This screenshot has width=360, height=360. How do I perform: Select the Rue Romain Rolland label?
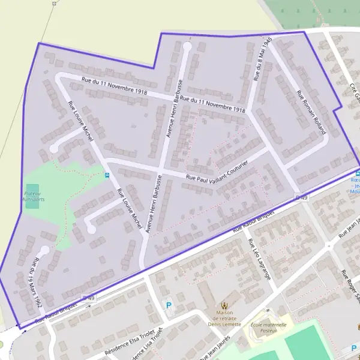coord(311,112)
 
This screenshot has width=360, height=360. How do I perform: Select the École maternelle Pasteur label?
coord(268,328)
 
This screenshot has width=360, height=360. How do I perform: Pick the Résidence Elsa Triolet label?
coord(130,341)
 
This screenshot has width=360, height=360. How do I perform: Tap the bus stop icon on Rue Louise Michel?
coord(107,175)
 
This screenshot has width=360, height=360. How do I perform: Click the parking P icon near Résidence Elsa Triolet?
coord(168,305)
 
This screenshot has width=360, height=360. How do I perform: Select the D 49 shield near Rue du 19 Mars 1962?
coord(88,298)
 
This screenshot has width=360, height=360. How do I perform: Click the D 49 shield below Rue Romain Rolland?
coord(301,197)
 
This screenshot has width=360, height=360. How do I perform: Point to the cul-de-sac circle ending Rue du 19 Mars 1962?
coord(44,249)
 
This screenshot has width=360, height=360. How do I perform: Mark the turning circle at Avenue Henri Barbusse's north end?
coord(187,46)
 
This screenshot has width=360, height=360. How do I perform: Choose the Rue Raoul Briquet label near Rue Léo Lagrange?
coord(253,221)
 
